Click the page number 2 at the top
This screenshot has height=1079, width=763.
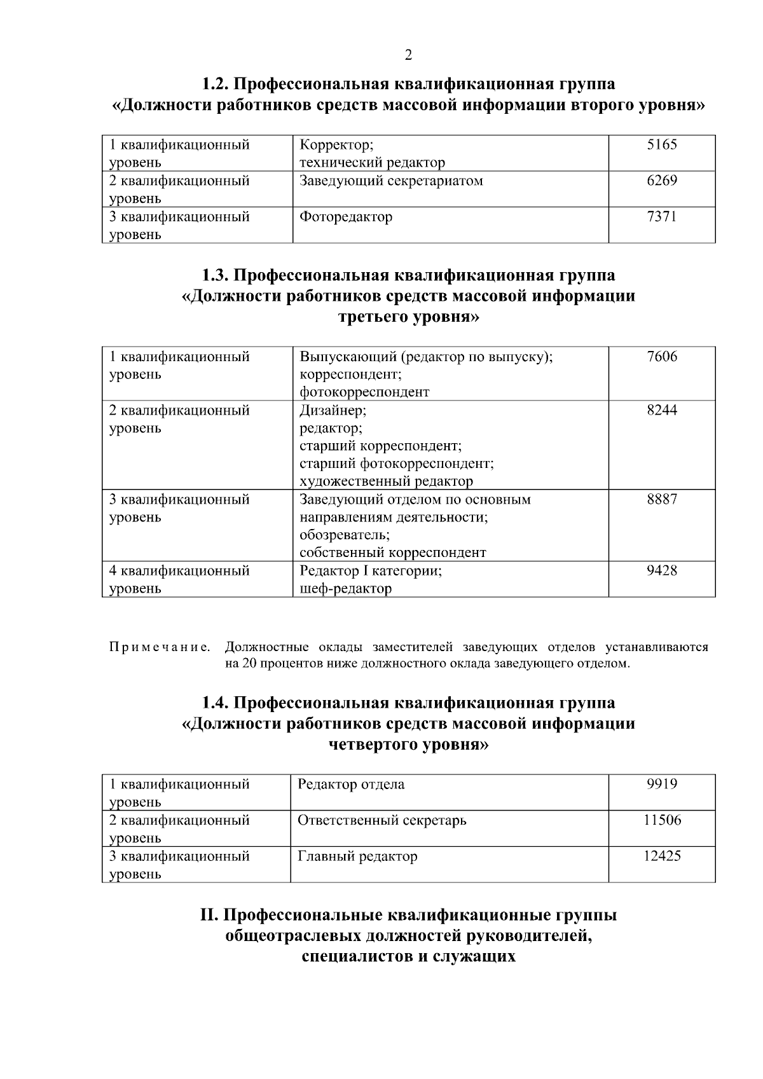coord(408,55)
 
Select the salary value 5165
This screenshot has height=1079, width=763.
coord(662,144)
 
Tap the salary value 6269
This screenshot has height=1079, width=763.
coord(662,181)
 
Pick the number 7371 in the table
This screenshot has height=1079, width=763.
coord(662,216)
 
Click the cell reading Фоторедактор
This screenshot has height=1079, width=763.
coord(346,217)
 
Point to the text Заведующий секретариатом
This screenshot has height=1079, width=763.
coord(391,181)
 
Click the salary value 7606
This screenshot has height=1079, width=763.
coord(662,356)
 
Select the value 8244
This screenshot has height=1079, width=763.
coord(662,409)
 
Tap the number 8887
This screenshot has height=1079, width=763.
coord(662,499)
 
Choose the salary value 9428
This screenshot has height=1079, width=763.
coord(662,570)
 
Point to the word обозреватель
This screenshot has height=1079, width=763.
coord(345,535)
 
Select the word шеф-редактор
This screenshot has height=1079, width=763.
coord(345,589)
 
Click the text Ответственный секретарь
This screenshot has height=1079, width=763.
coord(381,820)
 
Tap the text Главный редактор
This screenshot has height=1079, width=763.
coord(357,856)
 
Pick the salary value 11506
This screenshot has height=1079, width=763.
coord(662,820)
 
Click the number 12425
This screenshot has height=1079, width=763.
coord(662,856)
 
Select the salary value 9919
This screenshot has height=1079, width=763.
coord(662,784)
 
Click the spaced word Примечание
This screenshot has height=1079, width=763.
coord(160,647)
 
